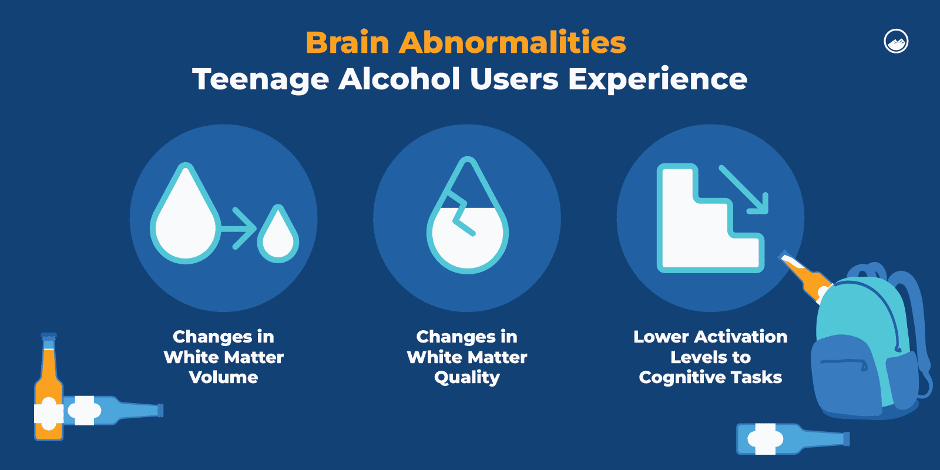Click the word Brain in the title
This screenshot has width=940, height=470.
coord(347,42)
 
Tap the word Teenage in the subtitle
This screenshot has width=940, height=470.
coord(260,79)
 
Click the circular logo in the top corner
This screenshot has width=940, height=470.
coord(896,42)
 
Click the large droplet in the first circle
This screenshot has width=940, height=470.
coord(186,220)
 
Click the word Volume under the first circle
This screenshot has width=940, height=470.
coord(223,377)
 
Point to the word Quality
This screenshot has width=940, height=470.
coord(467,377)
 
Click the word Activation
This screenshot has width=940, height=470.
coord(741,337)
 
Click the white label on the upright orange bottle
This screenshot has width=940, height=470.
coord(48,414)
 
